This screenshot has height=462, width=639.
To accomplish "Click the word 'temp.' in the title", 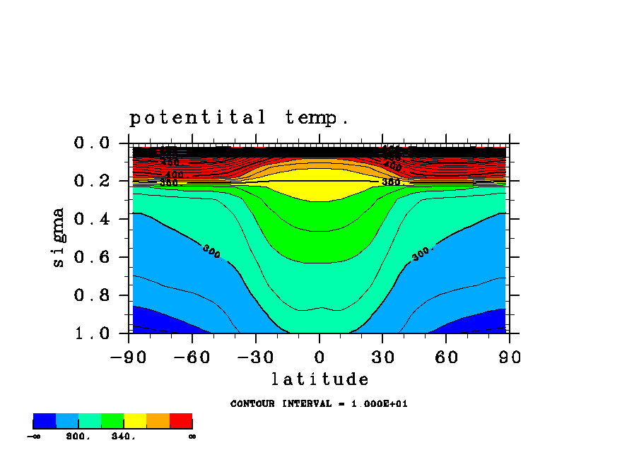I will (x=317, y=117).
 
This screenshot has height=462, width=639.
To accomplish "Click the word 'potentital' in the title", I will (x=198, y=117).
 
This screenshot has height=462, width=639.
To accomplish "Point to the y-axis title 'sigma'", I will (x=59, y=237).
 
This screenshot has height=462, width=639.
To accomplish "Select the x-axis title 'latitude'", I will (x=319, y=379).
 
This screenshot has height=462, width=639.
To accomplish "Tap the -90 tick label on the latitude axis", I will (x=129, y=357).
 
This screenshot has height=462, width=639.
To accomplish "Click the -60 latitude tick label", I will (x=192, y=357).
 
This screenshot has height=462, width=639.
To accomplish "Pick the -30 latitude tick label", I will (x=256, y=357).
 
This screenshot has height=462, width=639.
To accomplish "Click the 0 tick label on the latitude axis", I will (x=319, y=357).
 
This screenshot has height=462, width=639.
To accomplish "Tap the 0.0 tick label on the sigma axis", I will (x=92, y=143).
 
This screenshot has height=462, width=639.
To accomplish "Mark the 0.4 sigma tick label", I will (x=92, y=219).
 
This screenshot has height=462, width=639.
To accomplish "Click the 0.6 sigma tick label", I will (x=92, y=257).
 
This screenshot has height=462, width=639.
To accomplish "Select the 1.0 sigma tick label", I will (x=92, y=333).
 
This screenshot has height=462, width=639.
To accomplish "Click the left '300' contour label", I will (x=211, y=251).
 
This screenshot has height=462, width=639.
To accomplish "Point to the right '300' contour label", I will (x=421, y=254).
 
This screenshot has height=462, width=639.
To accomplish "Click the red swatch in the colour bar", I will (x=181, y=422).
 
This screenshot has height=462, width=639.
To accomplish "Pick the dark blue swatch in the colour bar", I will (x=45, y=422).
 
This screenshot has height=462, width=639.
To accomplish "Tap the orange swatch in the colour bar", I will (x=158, y=422).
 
